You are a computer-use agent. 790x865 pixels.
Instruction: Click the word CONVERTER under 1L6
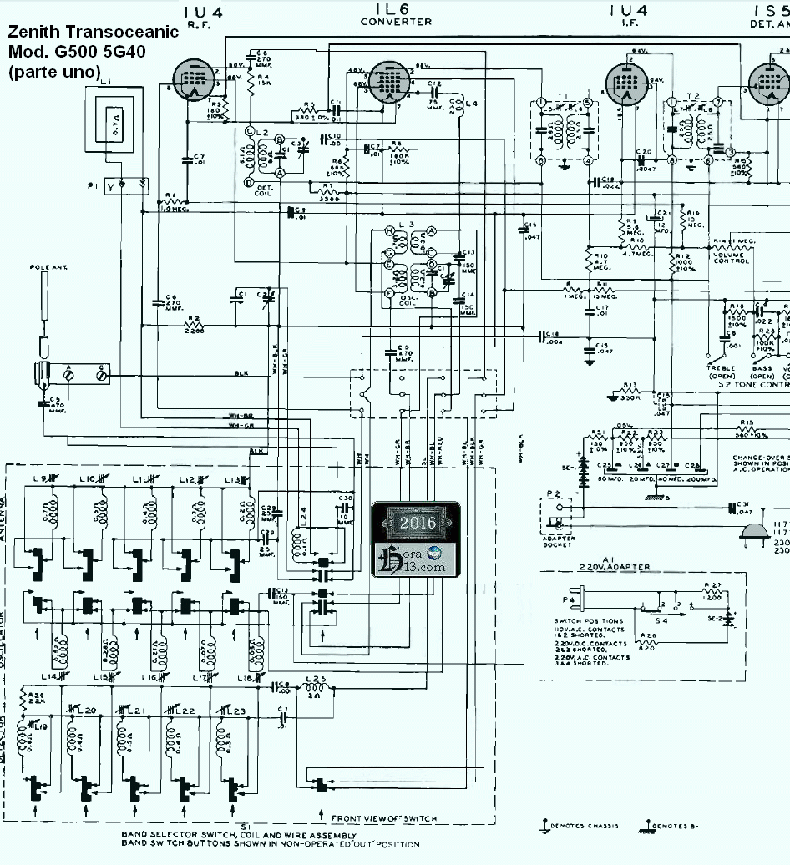tap(397, 22)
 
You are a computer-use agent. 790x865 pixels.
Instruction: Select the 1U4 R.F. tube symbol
tap(194, 82)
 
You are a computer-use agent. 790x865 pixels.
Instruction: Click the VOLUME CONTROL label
tap(732, 259)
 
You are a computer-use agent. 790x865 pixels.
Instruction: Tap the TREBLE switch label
tap(721, 368)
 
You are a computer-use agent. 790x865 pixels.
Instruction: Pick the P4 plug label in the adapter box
tap(570, 599)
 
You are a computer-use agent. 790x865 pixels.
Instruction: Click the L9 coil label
tap(38, 479)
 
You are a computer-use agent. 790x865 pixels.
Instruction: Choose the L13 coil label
tap(230, 479)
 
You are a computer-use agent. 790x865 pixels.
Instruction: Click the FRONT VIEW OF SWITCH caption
tap(384, 818)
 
